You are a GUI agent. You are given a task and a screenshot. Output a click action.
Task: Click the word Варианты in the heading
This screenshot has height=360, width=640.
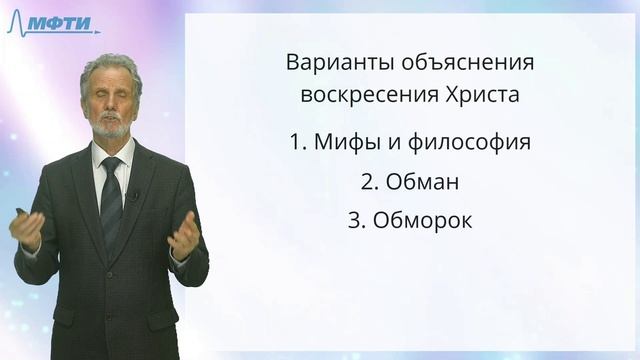coord(332,63)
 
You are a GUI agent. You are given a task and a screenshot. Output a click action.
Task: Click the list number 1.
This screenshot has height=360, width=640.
coord(295,141)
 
